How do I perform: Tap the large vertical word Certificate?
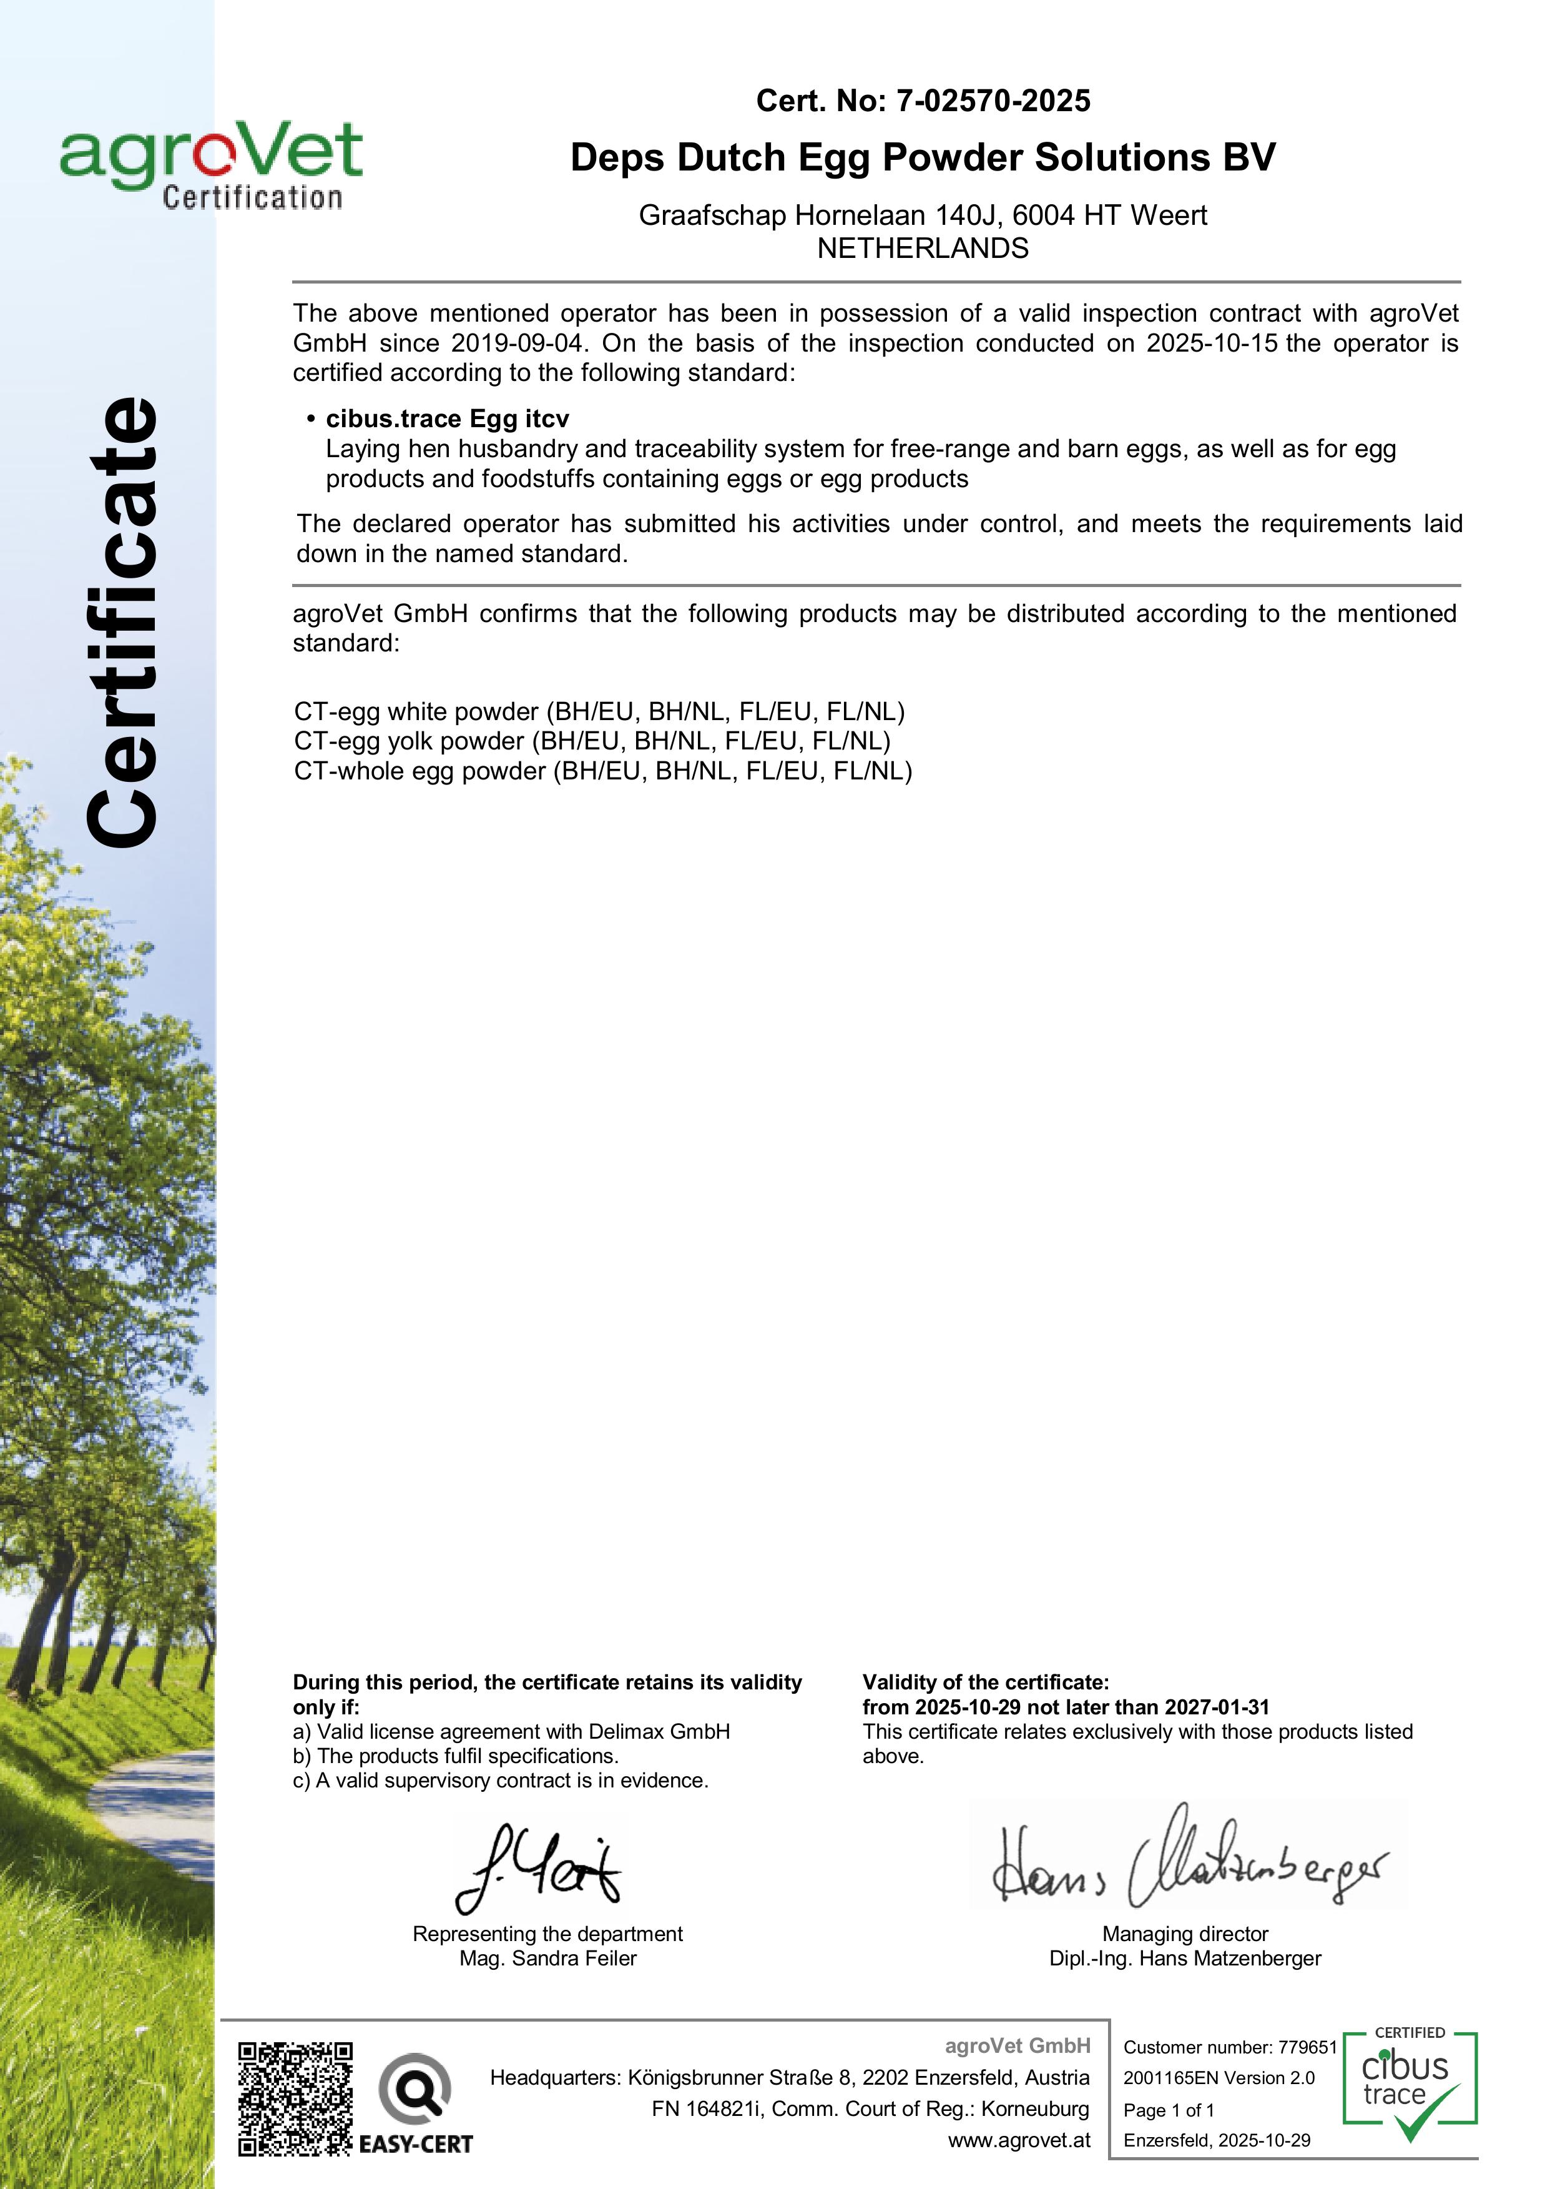coord(121,621)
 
